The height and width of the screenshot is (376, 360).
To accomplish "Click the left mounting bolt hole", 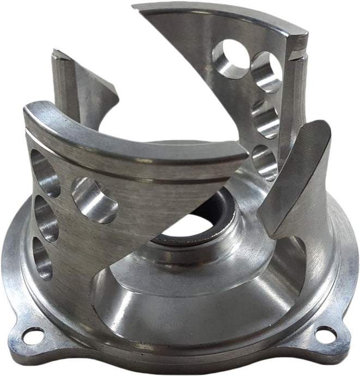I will tap(33, 336).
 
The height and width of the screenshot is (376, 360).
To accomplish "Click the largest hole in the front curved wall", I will tap(94, 199).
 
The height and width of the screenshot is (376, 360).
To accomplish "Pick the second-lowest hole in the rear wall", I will tap(265, 118).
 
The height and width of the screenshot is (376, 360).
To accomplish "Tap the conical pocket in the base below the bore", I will tap(163, 294).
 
